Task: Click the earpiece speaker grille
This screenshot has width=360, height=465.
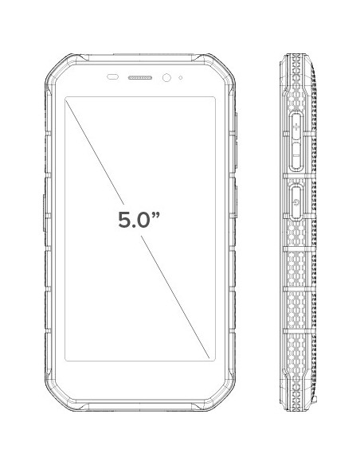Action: (x=140, y=78)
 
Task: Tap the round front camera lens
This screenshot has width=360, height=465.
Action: (x=166, y=78)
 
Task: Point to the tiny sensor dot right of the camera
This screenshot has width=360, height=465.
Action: (x=180, y=78)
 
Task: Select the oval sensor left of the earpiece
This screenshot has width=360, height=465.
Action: (x=112, y=77)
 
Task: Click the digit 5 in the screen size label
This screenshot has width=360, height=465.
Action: (x=124, y=220)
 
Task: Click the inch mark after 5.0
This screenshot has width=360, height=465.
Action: (x=155, y=215)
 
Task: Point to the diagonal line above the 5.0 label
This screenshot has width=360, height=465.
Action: (x=95, y=152)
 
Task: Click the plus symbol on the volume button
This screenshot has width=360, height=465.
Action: (x=296, y=128)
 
